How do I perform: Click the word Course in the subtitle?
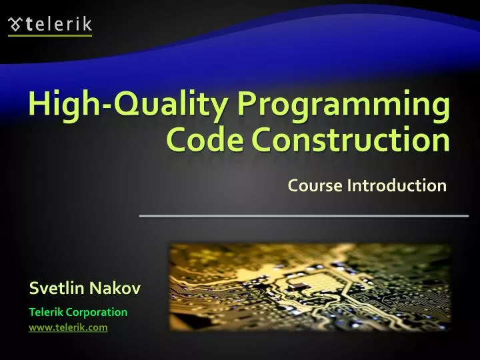(315, 185)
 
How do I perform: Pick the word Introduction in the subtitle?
(397, 185)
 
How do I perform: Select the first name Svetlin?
(58, 288)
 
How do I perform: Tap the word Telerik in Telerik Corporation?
(47, 311)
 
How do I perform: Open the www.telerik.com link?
(68, 327)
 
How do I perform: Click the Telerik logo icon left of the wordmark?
(15, 25)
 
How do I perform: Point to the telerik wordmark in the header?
(59, 25)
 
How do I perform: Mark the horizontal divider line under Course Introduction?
(303, 216)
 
